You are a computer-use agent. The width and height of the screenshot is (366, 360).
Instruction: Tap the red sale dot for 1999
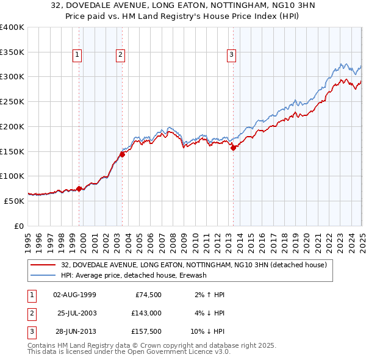pos(79,189)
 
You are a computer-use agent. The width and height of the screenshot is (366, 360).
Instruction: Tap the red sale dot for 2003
pos(123,154)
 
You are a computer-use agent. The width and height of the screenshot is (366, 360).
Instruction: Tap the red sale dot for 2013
pos(233,147)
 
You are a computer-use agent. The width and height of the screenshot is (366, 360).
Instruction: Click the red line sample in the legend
pos(44,265)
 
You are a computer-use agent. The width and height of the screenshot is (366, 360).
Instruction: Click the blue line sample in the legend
pos(44,275)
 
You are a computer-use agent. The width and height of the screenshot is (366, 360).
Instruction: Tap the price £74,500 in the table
pos(148,295)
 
